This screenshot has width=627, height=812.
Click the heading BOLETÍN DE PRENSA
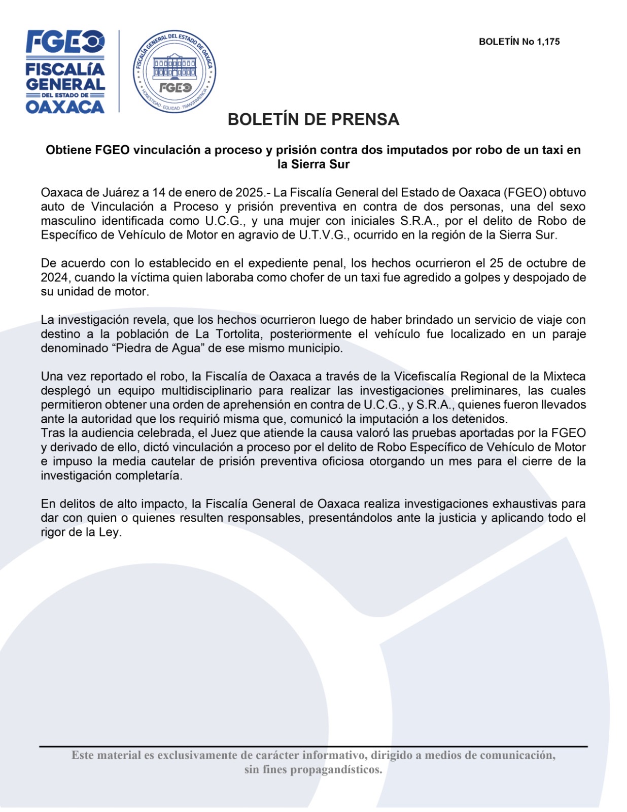313,119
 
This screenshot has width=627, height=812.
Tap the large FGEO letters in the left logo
65,42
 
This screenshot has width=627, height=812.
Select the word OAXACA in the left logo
65,107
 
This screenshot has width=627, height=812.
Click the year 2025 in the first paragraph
249,193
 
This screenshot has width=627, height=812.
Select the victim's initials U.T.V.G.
323,235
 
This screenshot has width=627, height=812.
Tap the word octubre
543,263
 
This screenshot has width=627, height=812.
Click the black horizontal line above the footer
313,747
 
